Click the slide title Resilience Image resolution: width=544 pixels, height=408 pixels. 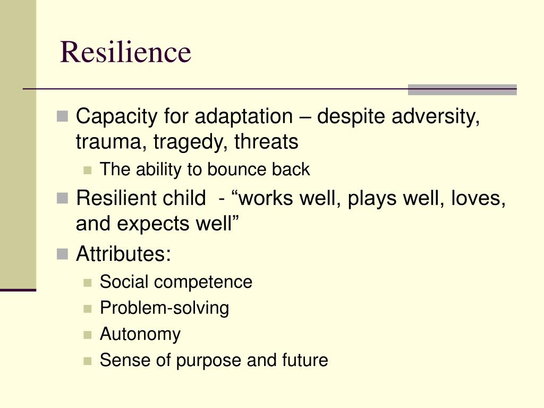[x=125, y=52]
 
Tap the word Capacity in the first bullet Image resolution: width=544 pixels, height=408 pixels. [x=116, y=116]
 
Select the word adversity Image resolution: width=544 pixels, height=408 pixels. [x=436, y=116]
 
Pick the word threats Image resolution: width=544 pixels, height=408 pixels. [x=266, y=141]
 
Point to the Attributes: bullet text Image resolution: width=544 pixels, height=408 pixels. [x=123, y=253]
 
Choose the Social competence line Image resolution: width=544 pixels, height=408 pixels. [x=176, y=282]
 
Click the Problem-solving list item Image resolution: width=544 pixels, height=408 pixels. [x=165, y=308]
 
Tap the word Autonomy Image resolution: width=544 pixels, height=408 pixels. [x=140, y=334]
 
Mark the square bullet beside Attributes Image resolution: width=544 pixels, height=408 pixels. [x=62, y=254]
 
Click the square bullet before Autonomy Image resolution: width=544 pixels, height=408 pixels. [x=88, y=335]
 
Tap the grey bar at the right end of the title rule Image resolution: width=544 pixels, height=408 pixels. [x=462, y=89]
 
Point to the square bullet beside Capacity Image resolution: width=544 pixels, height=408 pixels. [x=62, y=116]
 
